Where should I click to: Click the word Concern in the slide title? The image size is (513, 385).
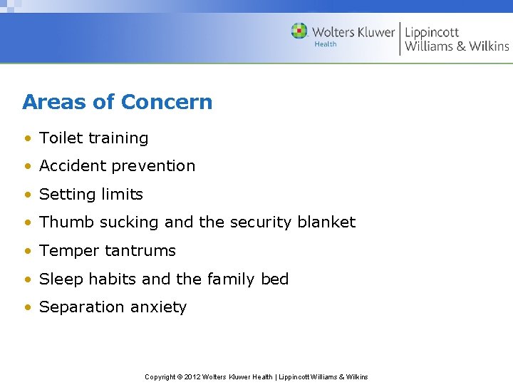167,102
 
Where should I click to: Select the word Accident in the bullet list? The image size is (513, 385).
69,166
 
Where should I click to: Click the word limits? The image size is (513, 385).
122,195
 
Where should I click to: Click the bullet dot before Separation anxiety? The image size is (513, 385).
26,308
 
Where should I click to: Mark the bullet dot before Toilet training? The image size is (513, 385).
26,139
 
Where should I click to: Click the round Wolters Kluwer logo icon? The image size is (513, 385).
299,31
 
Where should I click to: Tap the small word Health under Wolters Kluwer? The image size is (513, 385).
326,44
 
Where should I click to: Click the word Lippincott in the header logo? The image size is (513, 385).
432,32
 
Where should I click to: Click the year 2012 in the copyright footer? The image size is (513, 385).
192,377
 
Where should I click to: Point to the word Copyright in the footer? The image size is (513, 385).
160,377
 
